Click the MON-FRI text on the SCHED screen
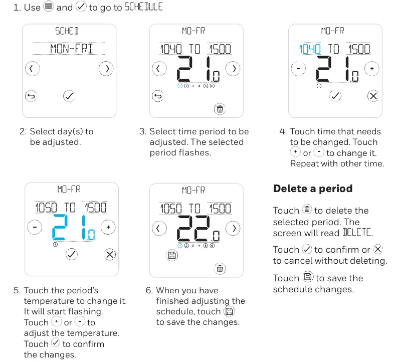coord(71,49)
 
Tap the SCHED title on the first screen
coord(67,31)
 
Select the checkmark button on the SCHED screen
coord(70,95)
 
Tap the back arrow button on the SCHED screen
coord(32,95)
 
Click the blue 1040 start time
coord(310,49)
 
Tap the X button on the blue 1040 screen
coord(373,96)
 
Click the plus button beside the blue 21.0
coord(108,228)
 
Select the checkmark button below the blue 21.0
coord(72,254)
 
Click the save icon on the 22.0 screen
coord(172,256)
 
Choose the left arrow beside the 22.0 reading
coord(159,229)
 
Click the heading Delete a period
coord(312,189)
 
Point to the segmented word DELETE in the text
coord(357,233)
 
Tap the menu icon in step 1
coord(48,7)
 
